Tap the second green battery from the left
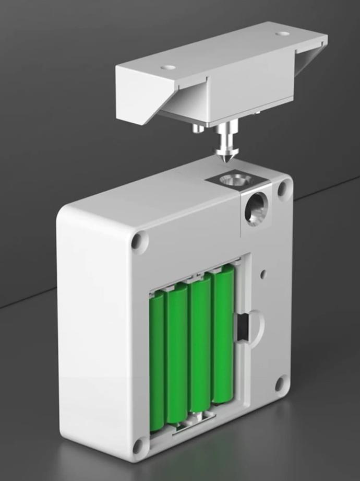pos(177,353)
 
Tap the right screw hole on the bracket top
pos(282,33)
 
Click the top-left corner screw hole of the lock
pos(139,241)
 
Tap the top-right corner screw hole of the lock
pos(284,189)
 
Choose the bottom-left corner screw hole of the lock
pos(139,445)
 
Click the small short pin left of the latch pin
pos(197,128)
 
